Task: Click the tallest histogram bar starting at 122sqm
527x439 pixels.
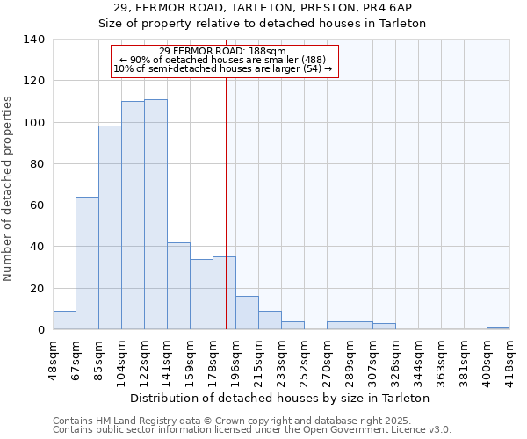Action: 155,214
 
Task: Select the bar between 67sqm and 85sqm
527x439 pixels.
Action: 87,263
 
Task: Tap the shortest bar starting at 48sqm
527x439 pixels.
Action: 64,320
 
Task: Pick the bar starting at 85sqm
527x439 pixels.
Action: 110,227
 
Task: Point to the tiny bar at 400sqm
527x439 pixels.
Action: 498,328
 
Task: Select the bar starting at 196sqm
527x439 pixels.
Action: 247,313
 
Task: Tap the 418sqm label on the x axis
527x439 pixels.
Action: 509,357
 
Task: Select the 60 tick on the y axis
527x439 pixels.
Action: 38,205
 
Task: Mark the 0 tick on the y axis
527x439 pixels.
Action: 41,330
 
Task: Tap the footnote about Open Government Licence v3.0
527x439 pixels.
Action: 252,430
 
